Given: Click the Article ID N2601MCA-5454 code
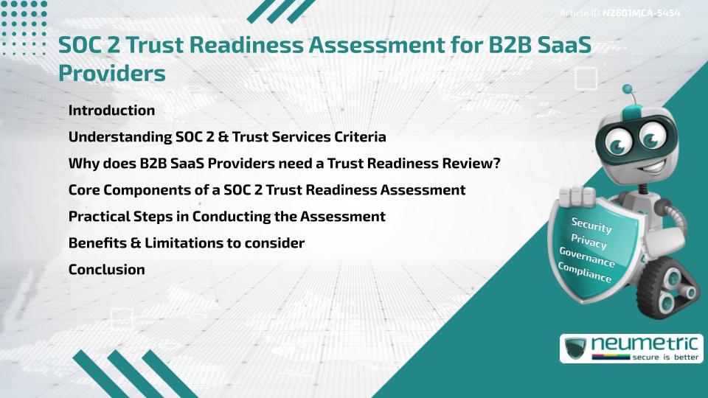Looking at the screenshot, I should click(640, 14).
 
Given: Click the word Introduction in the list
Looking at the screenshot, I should click(111, 111).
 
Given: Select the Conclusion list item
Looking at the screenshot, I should click(106, 270).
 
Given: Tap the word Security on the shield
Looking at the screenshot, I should click(591, 225).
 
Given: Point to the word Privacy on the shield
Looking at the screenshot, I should click(589, 241).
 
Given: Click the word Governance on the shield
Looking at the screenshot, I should click(586, 257).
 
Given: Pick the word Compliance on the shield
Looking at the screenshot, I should click(584, 273).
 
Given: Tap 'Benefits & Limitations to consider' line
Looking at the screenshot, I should click(186, 243).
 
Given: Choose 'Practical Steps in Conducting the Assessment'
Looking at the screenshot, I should click(226, 217).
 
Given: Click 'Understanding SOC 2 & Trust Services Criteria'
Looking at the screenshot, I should click(227, 137).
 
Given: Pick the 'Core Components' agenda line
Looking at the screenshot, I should click(266, 190).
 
